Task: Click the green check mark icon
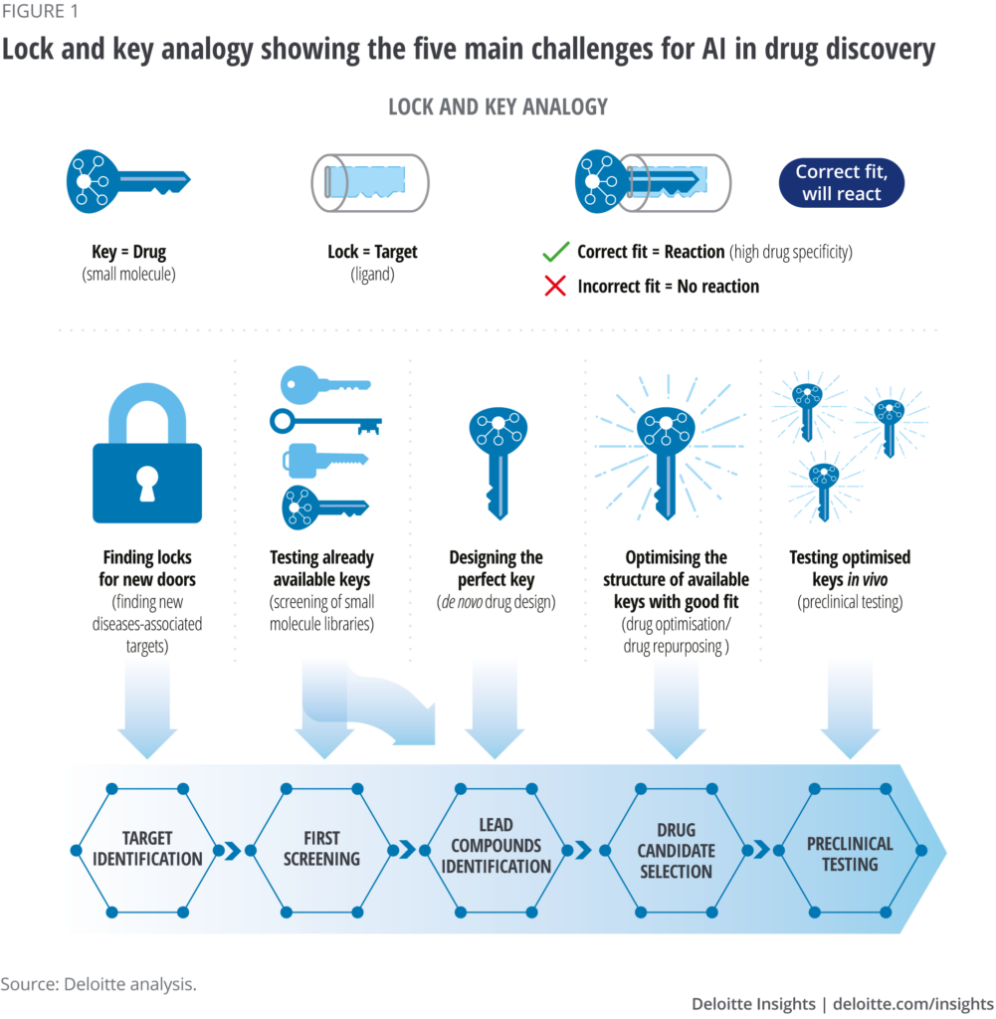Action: (555, 252)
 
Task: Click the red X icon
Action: (555, 286)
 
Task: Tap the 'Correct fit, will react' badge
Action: (842, 183)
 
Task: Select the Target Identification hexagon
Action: (147, 850)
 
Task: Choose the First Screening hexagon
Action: (321, 850)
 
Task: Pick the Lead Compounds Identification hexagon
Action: (496, 850)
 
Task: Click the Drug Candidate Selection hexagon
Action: (676, 850)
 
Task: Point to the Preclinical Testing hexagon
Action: (850, 850)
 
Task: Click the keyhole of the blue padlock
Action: (147, 484)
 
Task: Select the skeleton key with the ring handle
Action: (325, 422)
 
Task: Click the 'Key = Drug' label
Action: (128, 252)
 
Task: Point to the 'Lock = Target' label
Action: (372, 252)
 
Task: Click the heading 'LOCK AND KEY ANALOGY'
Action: (498, 106)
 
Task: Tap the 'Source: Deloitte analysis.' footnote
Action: (99, 984)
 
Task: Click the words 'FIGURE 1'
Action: (39, 11)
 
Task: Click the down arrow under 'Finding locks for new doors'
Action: (147, 710)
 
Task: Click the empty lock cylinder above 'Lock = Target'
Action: (370, 183)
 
